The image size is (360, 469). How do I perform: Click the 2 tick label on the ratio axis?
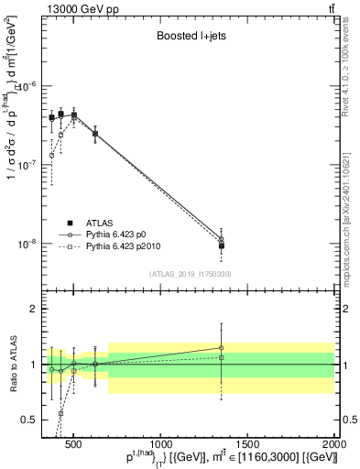[x=35, y=309]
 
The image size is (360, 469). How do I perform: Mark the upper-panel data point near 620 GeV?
[x=95, y=134]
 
